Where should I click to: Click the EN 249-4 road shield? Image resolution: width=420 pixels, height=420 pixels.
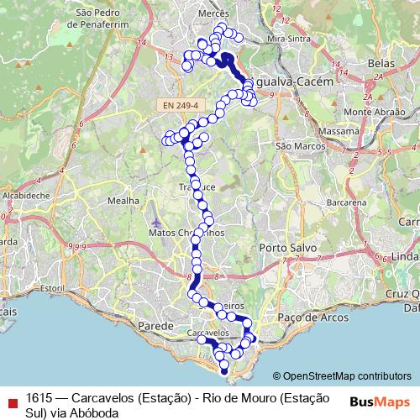[181, 106]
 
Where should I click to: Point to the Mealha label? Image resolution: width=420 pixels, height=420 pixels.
[123, 202]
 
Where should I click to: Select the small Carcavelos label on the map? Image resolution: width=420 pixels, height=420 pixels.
[207, 333]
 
